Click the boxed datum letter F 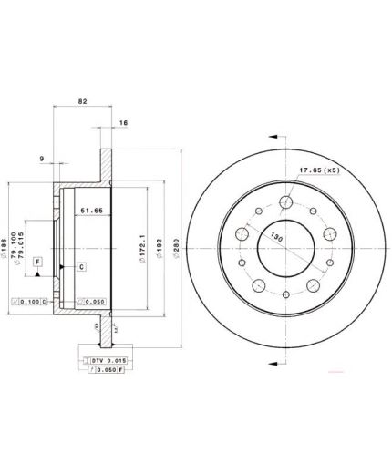[37, 262]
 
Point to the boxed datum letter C [80, 266]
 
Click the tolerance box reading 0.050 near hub [94, 301]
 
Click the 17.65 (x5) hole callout [319, 169]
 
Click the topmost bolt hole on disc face [285, 202]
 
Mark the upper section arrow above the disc [272, 133]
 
